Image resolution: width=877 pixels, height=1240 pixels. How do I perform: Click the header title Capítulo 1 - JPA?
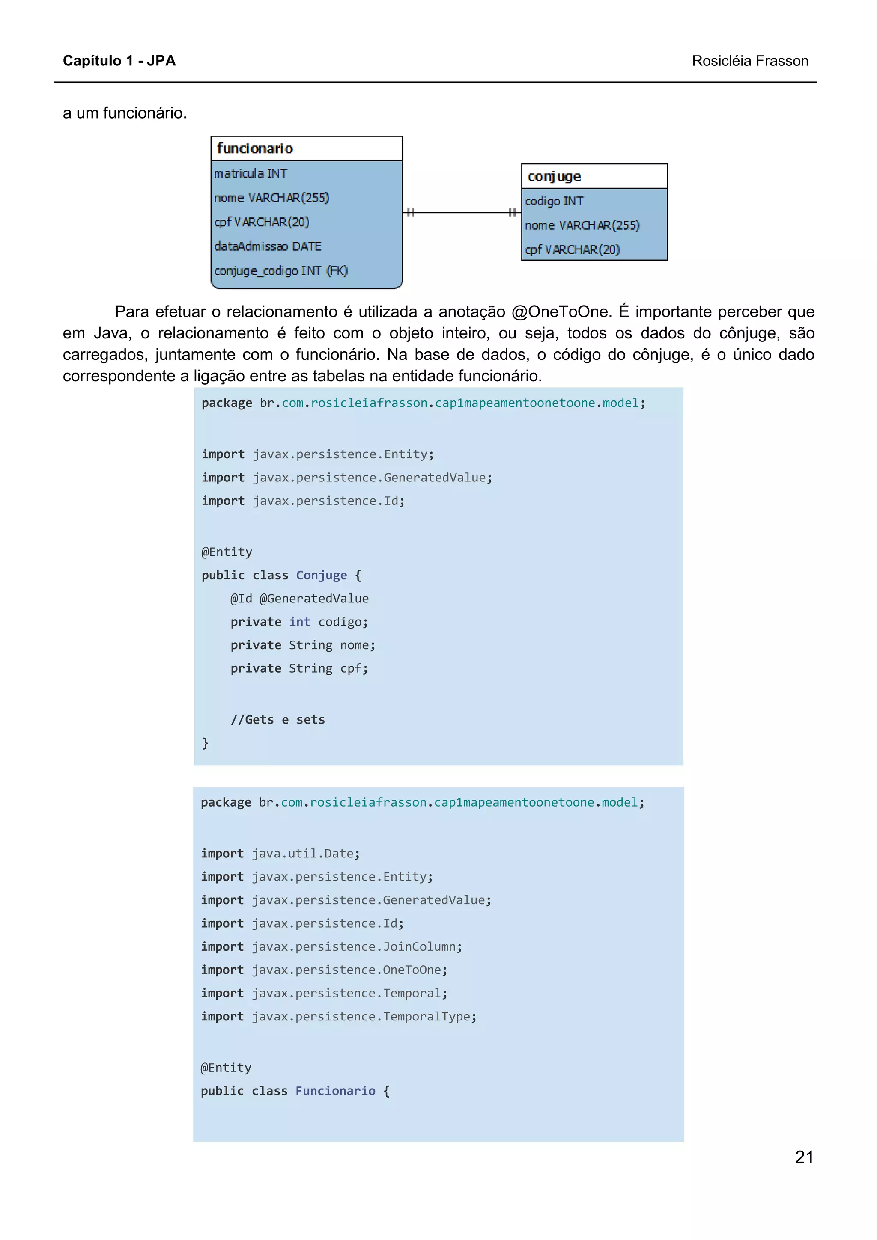tap(119, 60)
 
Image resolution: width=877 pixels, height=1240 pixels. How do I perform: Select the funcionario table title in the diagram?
tap(255, 148)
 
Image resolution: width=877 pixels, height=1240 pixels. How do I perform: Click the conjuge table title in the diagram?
tap(554, 177)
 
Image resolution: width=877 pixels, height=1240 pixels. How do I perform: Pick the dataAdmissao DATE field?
tap(268, 246)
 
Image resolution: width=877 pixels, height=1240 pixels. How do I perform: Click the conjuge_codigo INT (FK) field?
tap(280, 270)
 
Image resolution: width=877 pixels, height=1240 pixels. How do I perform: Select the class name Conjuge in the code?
tap(321, 575)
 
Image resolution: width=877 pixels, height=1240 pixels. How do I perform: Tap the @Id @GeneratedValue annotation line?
tap(299, 599)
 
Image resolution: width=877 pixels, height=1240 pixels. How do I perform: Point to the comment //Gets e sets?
tap(278, 719)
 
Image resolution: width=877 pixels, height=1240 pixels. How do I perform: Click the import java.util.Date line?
tap(280, 853)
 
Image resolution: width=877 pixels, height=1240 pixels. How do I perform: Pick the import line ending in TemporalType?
tap(338, 1016)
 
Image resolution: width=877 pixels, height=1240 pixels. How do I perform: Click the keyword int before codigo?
tap(299, 622)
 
